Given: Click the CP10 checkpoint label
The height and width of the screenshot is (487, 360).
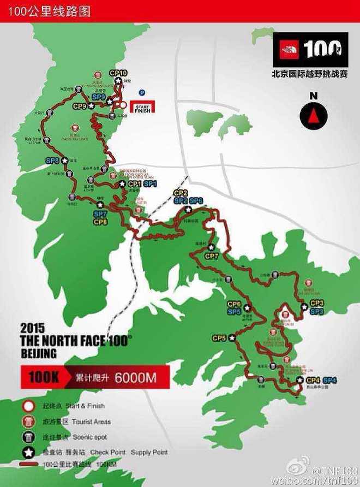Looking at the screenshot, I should coord(118,73).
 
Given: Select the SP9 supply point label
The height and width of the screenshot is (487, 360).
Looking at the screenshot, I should coord(98,97).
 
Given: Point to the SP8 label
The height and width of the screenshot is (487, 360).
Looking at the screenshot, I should coord(52,161).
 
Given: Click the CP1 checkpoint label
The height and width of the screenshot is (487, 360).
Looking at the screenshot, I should coord(135,185).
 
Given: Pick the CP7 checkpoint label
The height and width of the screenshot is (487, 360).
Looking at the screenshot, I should coord(212,256).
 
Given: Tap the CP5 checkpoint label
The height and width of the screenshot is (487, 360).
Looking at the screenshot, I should coord(219,338).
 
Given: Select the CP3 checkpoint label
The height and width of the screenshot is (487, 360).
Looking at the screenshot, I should coord(317,303).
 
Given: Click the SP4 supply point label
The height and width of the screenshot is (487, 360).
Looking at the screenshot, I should coord(329,380).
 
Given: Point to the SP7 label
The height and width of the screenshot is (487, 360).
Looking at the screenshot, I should coord(100,215).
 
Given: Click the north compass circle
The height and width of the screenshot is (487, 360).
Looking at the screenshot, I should coord(314,114).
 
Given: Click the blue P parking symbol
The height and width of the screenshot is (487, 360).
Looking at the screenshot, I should coord(141,93).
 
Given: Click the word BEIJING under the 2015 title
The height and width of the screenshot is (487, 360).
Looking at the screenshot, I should coord(38,354).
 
